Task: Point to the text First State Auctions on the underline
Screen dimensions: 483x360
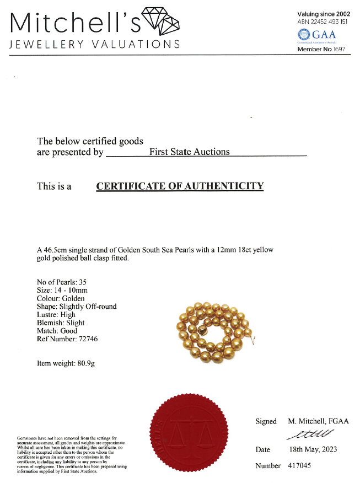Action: click(190, 152)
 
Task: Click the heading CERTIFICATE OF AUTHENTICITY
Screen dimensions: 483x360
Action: click(180, 186)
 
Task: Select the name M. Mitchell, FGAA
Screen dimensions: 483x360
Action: click(318, 421)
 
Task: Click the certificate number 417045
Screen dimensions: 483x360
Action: click(299, 466)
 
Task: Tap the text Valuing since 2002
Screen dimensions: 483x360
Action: click(324, 14)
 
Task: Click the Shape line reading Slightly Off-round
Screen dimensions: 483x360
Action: click(77, 306)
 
